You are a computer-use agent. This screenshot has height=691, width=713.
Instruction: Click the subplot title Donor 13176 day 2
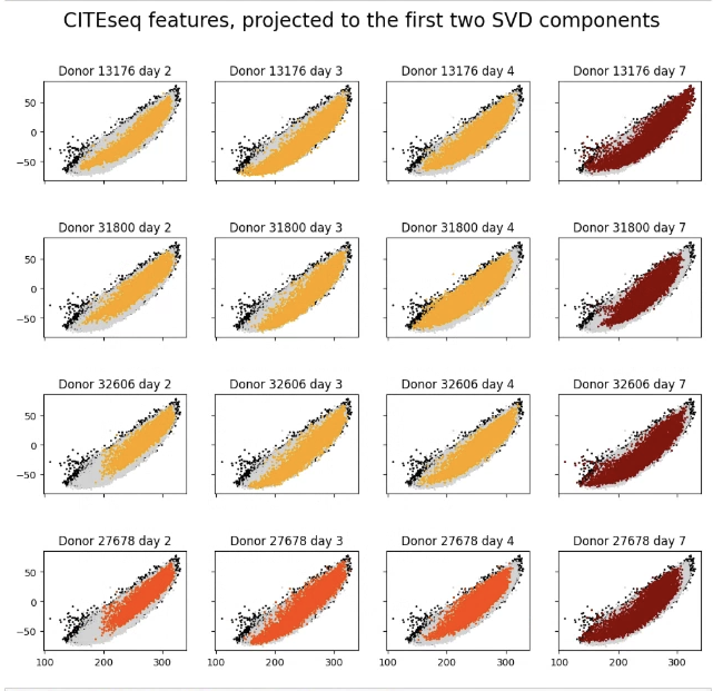tap(115, 71)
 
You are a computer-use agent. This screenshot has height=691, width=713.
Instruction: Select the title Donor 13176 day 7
tap(629, 71)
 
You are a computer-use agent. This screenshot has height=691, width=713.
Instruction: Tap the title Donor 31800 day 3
tap(286, 228)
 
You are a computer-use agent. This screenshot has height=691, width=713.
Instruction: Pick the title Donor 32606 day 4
tap(457, 384)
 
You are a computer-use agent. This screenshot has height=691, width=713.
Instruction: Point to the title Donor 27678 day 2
tap(115, 541)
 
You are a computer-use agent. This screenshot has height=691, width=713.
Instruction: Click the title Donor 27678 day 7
tap(629, 541)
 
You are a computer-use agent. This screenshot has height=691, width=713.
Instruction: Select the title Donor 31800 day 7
tap(629, 228)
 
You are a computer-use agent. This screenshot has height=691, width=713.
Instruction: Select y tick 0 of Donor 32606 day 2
tap(33, 446)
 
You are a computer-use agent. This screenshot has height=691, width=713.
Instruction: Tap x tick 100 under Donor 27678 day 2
tap(44, 662)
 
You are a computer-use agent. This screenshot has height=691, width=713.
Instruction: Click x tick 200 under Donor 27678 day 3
tap(275, 662)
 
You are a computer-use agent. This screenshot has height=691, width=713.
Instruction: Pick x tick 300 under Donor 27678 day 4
tap(505, 662)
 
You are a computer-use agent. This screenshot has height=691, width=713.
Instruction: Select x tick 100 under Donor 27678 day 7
tap(559, 662)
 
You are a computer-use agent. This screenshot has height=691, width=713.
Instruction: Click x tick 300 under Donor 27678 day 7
tap(677, 662)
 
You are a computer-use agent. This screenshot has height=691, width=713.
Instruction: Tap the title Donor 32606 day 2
tap(115, 384)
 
